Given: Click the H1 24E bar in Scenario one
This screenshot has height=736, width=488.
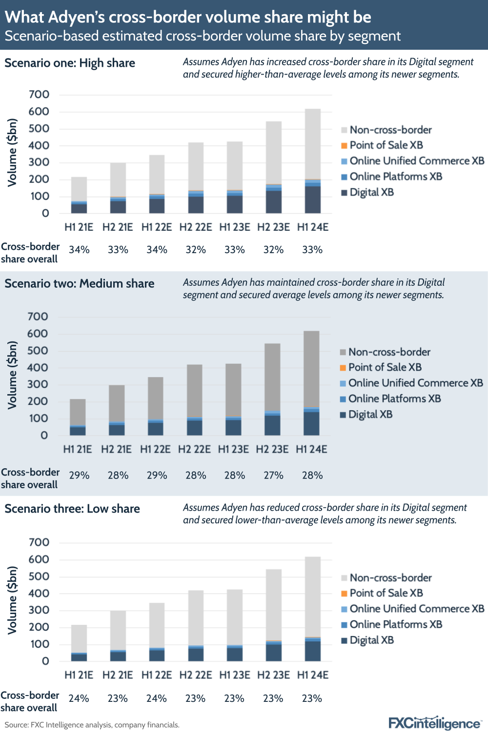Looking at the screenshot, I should [312, 161].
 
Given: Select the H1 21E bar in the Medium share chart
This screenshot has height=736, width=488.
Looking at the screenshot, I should [78, 417].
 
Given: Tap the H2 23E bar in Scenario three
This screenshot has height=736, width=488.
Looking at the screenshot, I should [274, 615].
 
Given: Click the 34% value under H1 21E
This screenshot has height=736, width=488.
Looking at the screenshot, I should [79, 250].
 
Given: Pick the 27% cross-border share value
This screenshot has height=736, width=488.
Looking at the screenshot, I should [273, 475].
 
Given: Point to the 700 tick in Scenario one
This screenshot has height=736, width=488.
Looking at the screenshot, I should [39, 95].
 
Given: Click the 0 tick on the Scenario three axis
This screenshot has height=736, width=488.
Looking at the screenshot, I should [45, 661].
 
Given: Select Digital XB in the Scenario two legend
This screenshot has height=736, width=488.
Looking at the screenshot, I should [370, 415].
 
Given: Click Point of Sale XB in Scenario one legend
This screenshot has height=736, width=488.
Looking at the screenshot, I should [386, 145].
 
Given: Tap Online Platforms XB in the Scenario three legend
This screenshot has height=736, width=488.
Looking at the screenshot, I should [396, 624].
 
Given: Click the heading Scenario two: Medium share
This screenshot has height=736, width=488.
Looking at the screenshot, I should [80, 283].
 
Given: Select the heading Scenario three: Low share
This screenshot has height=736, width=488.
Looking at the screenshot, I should [72, 509].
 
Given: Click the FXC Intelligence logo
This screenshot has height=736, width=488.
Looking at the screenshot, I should [435, 723].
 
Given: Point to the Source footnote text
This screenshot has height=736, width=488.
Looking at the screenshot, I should [92, 725].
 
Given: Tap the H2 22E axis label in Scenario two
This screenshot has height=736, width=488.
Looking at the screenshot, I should [194, 449].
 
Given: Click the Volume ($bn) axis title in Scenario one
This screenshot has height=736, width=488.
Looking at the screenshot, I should [12, 153].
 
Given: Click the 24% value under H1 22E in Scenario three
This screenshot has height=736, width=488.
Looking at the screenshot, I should [157, 698].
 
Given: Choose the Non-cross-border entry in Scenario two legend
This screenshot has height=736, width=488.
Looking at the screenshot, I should [389, 352].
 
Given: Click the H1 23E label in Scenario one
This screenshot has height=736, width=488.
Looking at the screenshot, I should [235, 227].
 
